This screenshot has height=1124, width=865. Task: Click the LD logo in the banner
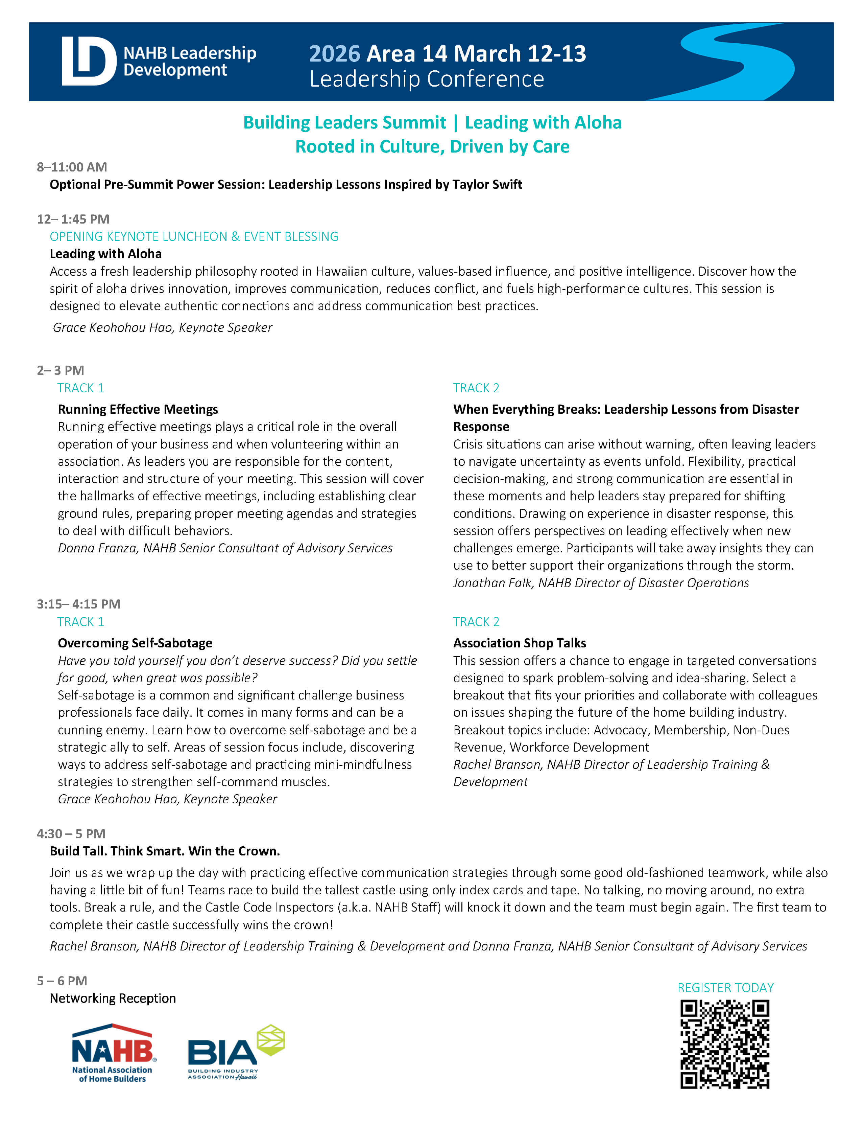[89, 61]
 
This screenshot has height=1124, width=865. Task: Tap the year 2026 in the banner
[334, 53]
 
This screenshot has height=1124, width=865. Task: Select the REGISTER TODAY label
[725, 988]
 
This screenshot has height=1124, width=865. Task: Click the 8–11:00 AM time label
[72, 167]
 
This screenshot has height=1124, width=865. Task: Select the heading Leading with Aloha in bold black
[105, 254]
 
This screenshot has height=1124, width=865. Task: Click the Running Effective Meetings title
[138, 409]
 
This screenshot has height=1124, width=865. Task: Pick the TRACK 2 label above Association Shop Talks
[476, 622]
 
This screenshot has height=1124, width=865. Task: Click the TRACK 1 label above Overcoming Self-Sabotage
[81, 622]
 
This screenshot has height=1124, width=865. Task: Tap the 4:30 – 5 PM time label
[71, 834]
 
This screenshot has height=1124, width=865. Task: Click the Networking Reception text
[113, 999]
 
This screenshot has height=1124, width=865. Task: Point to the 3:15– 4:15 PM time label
[79, 604]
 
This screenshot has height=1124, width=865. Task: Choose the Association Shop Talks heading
[520, 643]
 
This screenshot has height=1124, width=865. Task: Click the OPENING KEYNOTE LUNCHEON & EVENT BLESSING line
[194, 236]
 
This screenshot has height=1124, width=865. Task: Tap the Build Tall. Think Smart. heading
[165, 851]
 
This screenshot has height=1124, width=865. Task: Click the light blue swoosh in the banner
[741, 62]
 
